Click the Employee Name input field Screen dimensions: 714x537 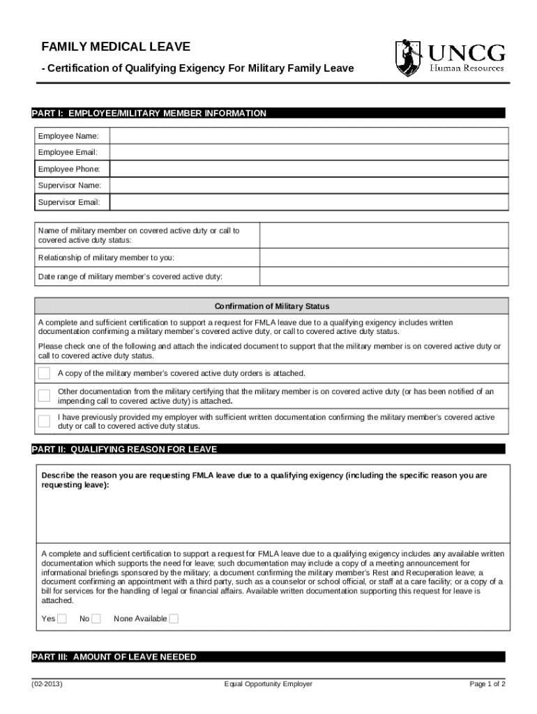pos(307,135)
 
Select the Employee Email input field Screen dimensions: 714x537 pos(307,152)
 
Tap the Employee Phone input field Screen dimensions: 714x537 pos(307,169)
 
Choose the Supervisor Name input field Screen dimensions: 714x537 pos(307,185)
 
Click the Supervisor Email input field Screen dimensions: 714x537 pos(307,202)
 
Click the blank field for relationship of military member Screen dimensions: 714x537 pos(381,258)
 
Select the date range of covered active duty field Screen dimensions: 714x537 pos(381,277)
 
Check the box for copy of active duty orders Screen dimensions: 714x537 pos(44,373)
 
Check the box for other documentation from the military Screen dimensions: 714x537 pos(44,396)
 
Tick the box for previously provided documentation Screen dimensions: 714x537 pos(44,421)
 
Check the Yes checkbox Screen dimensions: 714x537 pos(62,618)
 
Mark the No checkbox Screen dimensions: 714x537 pos(96,618)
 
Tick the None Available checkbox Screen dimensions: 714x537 pos(174,618)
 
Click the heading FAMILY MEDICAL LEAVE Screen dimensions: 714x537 pos(116,47)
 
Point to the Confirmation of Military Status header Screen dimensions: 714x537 pos(271,306)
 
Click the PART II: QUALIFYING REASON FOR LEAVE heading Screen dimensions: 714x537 pos(125,449)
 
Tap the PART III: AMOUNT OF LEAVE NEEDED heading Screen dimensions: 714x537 pos(114,657)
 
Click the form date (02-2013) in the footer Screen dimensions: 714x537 pos(48,684)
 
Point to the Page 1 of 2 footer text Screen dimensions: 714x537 pos(487,684)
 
